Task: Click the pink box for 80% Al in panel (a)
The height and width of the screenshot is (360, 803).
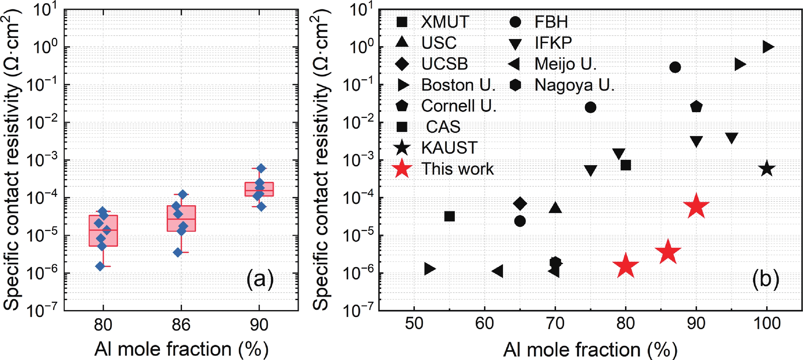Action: [103, 231]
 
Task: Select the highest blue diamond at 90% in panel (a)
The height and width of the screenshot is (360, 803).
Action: [261, 168]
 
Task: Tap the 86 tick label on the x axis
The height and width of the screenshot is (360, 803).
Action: [181, 325]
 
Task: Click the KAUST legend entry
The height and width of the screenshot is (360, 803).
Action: [449, 147]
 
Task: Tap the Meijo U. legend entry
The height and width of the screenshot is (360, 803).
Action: [565, 64]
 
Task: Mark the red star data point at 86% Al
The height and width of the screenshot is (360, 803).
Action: [668, 252]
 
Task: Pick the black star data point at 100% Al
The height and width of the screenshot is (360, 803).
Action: [767, 169]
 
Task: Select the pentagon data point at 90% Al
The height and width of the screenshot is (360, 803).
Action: [696, 107]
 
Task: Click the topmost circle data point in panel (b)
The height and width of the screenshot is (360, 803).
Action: [675, 67]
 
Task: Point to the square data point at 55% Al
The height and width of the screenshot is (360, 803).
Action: [449, 216]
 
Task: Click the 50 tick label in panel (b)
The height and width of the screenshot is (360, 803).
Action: [414, 324]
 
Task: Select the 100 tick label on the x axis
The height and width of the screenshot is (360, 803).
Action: [767, 324]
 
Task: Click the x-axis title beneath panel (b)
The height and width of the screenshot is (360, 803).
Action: [590, 350]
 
